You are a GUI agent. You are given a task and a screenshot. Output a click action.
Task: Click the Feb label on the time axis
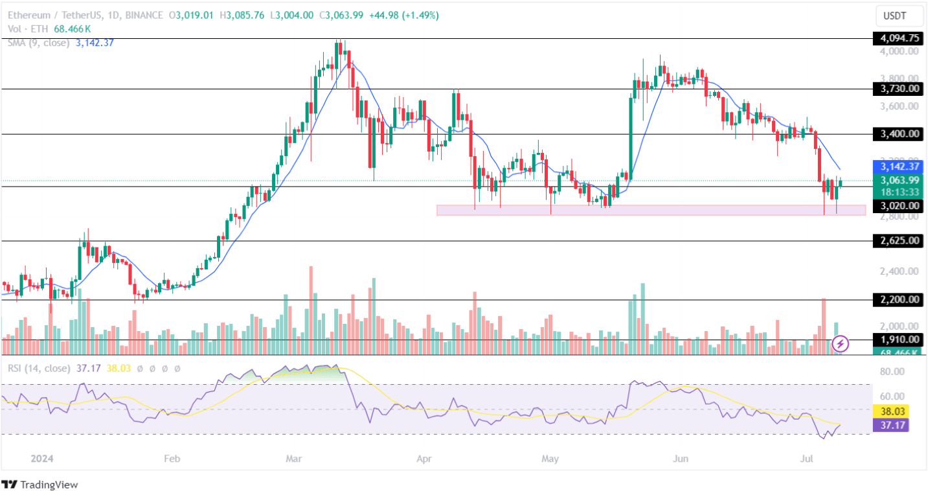click(171, 459)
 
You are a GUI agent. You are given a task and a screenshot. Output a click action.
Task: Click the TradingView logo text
click(49, 484)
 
